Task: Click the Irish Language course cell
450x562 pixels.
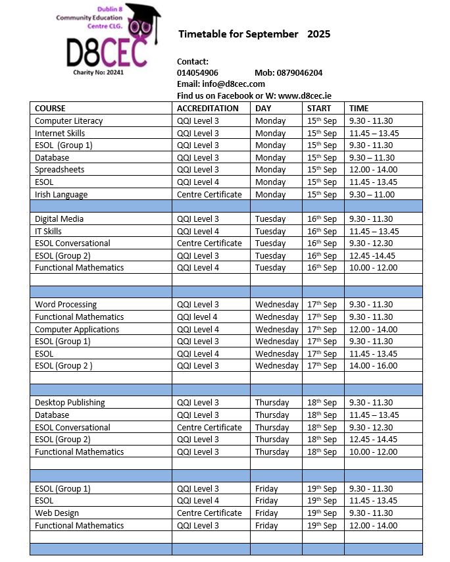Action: pos(61,194)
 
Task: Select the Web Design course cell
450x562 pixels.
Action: pos(57,513)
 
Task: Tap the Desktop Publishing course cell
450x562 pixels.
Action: pos(70,402)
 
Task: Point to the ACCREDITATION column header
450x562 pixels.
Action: pos(208,108)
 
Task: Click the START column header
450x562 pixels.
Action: pos(320,108)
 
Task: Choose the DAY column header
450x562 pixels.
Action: pos(263,108)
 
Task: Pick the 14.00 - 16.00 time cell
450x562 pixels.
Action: pos(373,365)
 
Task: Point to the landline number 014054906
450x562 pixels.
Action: pos(197,72)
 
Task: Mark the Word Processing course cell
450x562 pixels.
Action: pos(66,304)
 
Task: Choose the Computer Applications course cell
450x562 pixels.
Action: pos(77,329)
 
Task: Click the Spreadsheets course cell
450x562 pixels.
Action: pos(59,169)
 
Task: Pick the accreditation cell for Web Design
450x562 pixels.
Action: pos(209,513)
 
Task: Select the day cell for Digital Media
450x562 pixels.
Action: pos(270,218)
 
